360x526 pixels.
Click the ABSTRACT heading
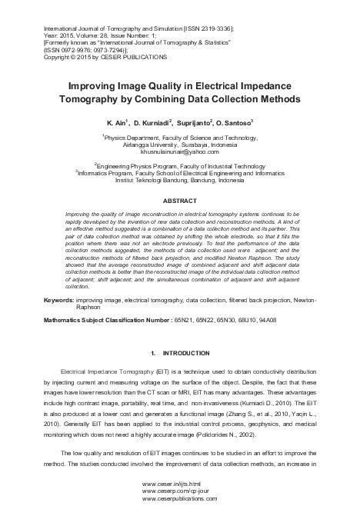tap(179, 200)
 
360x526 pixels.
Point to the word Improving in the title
tap(92, 87)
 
